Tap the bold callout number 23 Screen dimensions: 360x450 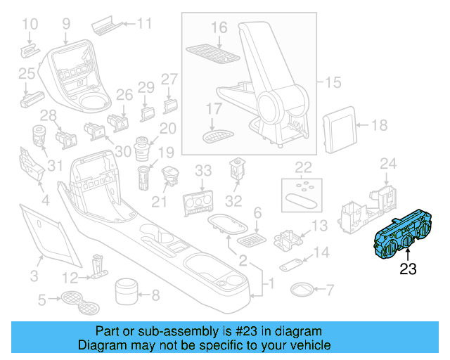pos(409,269)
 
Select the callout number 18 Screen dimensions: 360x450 pos(379,126)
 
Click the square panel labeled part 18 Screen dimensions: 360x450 pos(340,125)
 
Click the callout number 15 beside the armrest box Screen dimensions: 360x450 pos(332,83)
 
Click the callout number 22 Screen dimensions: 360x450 pos(303,167)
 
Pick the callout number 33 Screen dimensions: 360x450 pos(203,170)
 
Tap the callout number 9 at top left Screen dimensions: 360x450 pos(66,24)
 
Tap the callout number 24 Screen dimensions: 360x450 pos(389,165)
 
